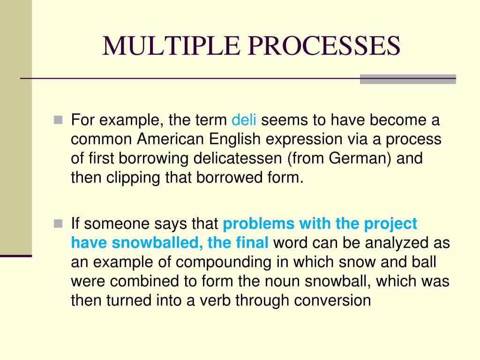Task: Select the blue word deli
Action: click(244, 120)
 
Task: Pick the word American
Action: click(172, 140)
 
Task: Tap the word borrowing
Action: click(156, 158)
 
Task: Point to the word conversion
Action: click(332, 300)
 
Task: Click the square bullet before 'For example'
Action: click(58, 120)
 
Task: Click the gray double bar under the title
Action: click(408, 79)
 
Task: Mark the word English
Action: click(232, 140)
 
